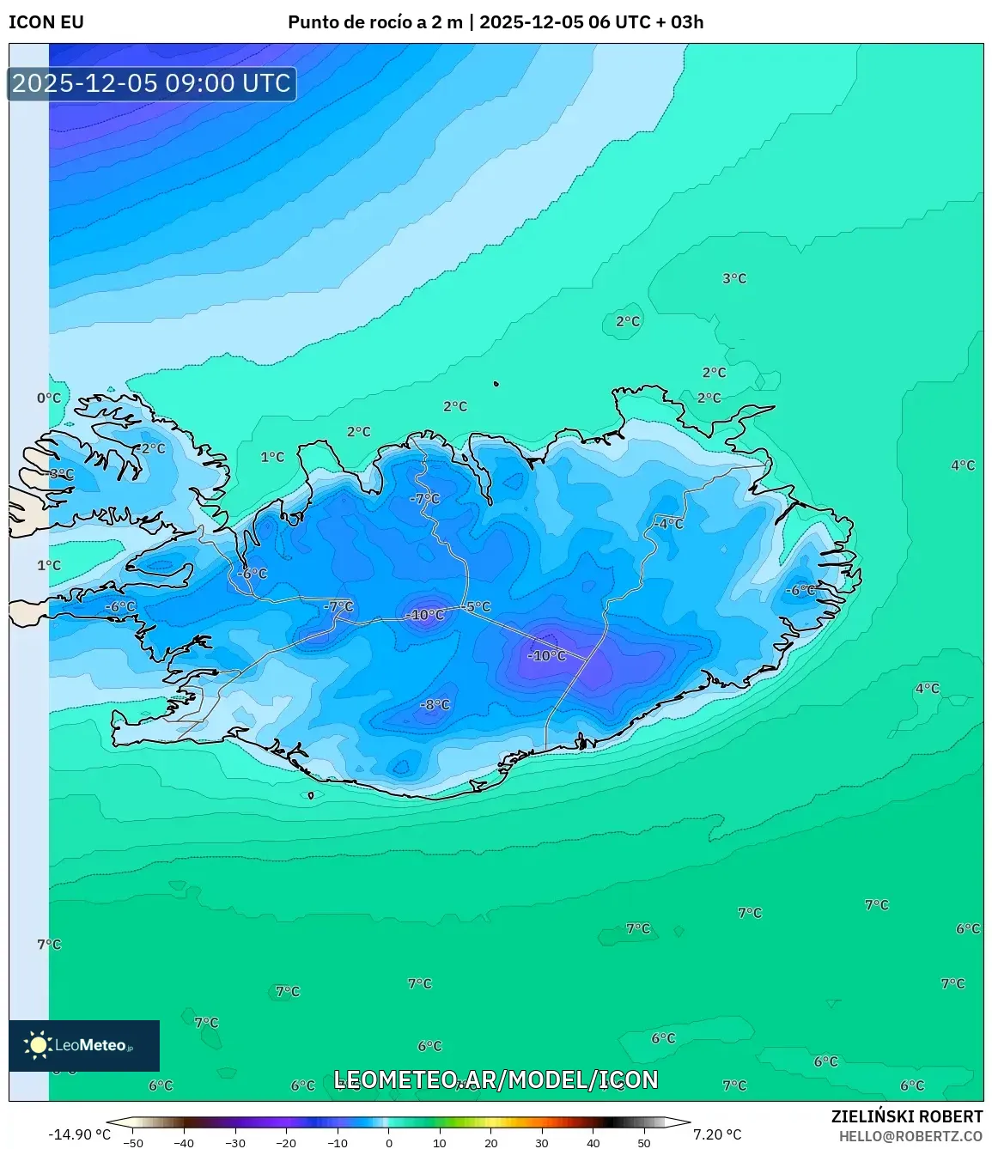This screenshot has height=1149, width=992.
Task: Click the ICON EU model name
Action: pos(46,22)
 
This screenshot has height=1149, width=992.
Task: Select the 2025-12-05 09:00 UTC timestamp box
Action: pos(152,83)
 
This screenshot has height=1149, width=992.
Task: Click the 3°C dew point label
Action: pos(734,278)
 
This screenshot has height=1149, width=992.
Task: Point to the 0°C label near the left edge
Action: pos(49,398)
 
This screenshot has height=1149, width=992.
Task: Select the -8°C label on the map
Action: pos(435,705)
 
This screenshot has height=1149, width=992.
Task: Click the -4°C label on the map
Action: pos(668,523)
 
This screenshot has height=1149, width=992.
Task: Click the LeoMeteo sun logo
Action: pos(38,1045)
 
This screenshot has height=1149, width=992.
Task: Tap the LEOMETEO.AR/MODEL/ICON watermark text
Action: pos(496,1079)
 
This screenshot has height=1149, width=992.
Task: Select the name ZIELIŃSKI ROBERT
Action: pos(906,1116)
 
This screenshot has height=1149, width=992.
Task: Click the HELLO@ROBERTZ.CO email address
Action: pos(910,1136)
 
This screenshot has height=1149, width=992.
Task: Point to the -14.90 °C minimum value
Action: pos(79,1134)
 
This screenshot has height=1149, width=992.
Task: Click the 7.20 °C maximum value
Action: pos(717,1134)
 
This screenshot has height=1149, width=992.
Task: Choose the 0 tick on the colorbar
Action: pos(389,1143)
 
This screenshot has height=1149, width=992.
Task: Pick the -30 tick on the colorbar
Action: pos(234,1143)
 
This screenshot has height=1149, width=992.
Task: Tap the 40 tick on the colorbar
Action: pos(593,1143)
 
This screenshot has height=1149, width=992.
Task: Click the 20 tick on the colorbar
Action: pos(491,1143)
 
